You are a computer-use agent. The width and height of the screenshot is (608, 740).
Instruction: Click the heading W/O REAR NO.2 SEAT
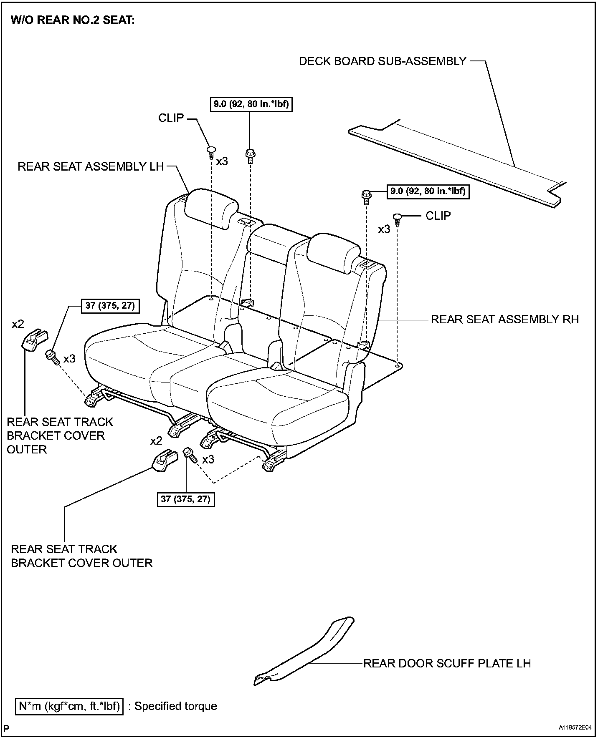pyautogui.click(x=73, y=20)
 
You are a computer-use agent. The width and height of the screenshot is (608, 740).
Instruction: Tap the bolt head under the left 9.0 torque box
pyautogui.click(x=251, y=154)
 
